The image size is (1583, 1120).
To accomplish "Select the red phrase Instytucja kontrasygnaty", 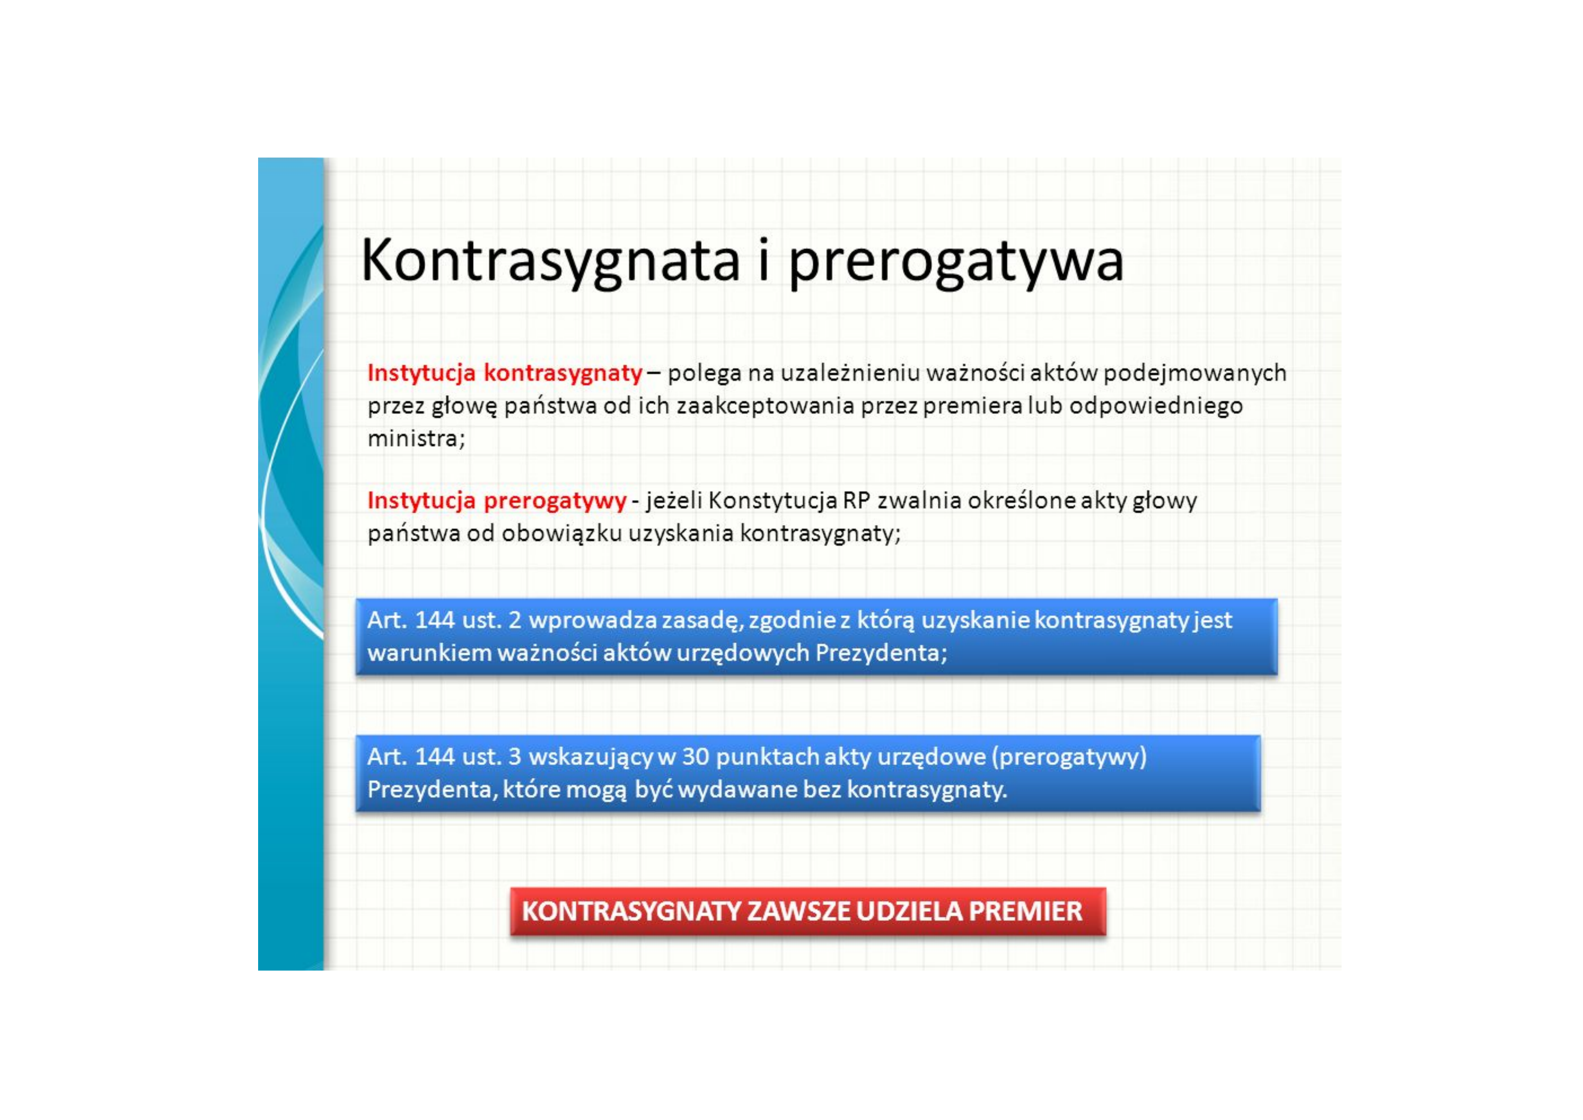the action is [x=505, y=373].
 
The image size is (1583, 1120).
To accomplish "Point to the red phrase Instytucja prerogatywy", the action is [x=496, y=500].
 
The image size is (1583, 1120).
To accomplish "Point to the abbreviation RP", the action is [x=857, y=500].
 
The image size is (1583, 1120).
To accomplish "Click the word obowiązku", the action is [x=562, y=533].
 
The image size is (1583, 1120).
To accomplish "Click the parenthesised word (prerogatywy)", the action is [x=1069, y=757].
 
